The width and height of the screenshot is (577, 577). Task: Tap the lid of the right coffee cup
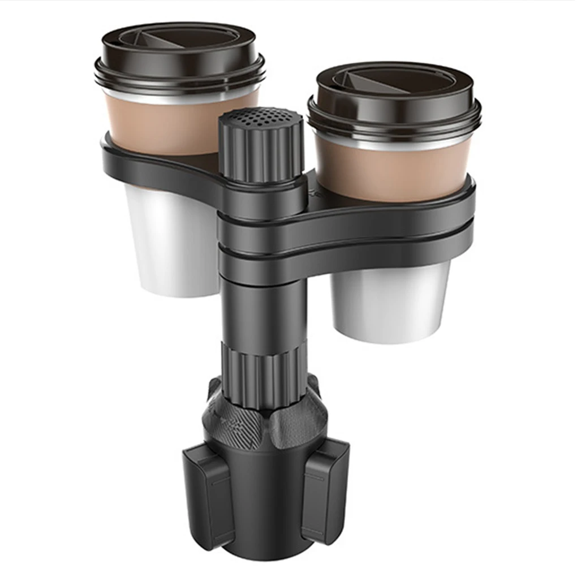click(394, 96)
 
